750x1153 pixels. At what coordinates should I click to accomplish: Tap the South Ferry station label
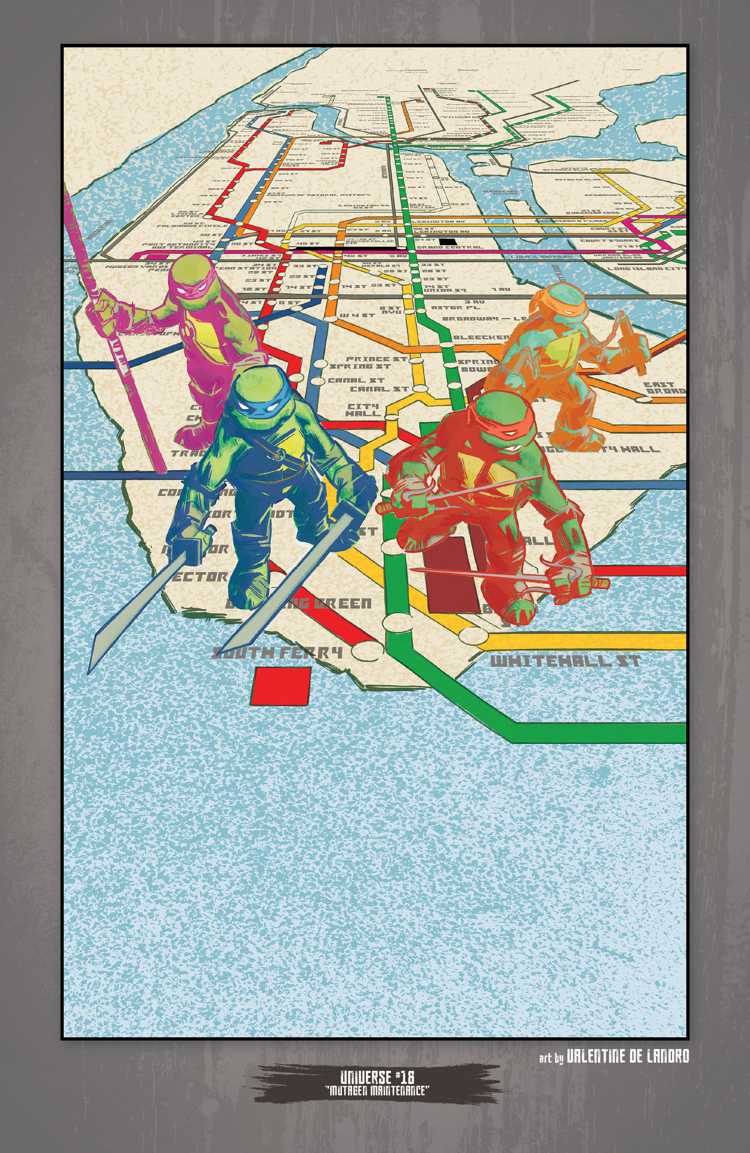[278, 652]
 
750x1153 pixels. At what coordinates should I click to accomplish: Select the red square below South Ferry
[281, 686]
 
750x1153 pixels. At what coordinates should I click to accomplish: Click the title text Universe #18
[377, 1078]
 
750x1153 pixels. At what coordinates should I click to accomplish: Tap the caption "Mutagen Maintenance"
[377, 1090]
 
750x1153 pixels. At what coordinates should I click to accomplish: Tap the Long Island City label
[647, 268]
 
